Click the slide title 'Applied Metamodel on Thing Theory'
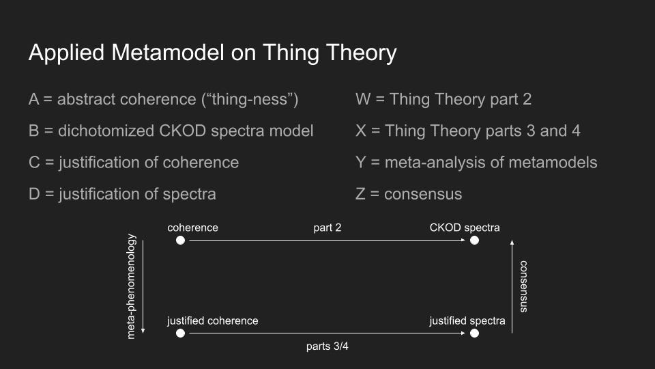click(213, 53)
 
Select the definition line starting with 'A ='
click(163, 100)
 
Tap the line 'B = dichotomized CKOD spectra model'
click(171, 131)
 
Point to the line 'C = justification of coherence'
click(134, 163)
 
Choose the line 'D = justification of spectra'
click(122, 194)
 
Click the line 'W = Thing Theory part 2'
click(443, 100)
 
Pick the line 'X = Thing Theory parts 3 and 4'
click(468, 131)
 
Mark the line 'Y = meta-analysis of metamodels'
click(476, 163)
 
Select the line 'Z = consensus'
click(409, 194)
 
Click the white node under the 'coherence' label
click(180, 240)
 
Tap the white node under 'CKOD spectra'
click(475, 240)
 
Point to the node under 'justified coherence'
click(180, 333)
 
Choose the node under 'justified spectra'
click(475, 333)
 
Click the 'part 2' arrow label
click(327, 228)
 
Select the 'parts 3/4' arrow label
click(327, 346)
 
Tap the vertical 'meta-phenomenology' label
click(131, 286)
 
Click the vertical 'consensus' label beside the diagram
click(523, 286)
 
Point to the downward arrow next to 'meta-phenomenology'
click(143, 286)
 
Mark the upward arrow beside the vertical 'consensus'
click(512, 286)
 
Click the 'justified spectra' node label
click(467, 321)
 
